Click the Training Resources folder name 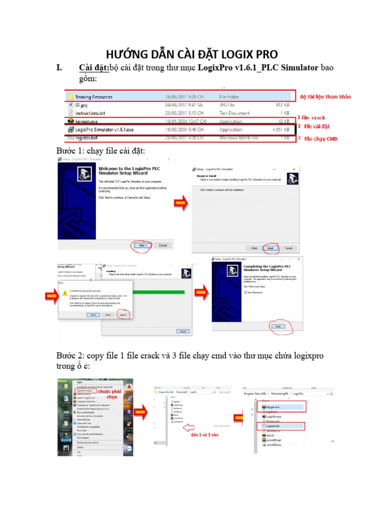point(93,97)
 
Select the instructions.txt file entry point(90,113)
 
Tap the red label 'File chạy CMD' point(320,138)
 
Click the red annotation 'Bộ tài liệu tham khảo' point(325,96)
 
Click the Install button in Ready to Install point(270,248)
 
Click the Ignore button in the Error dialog point(123,315)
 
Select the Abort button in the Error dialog point(93,315)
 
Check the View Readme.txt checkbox point(245,292)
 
